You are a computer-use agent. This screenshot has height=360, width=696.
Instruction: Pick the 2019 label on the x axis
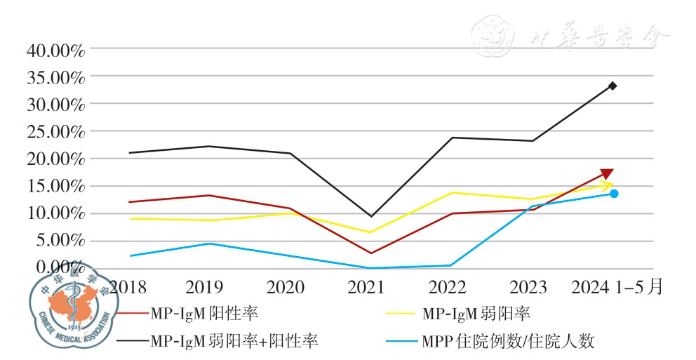pos(205,286)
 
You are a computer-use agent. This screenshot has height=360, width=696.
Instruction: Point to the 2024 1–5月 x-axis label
pos(617,286)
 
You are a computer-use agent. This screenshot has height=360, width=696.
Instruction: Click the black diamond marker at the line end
pos(613,86)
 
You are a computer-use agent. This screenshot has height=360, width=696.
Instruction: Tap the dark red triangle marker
pos(608,174)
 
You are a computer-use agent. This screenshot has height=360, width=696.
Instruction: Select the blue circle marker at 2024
pos(614,194)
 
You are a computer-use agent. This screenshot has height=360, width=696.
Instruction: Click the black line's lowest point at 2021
pos(370,216)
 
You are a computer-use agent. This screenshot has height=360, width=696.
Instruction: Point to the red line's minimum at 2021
pos(370,253)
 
